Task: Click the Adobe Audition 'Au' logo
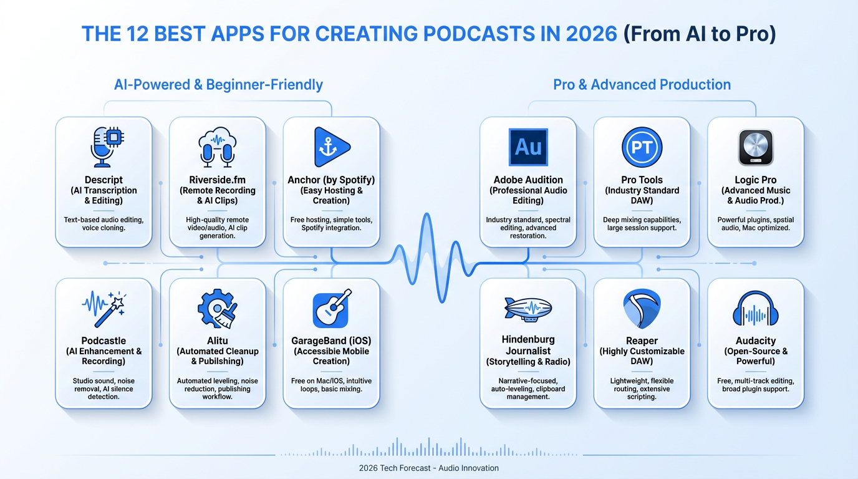528,147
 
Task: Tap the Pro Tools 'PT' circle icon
642,147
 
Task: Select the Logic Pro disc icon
756,147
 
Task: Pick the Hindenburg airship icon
528,309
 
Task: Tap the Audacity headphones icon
756,309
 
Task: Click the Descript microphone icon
107,147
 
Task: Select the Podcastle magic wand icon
104,309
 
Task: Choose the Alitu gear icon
217,309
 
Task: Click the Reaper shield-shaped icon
642,309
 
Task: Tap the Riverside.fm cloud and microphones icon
217,147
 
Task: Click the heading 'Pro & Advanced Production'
642,85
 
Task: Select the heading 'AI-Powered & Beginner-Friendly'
218,85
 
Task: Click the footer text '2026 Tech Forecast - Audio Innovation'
428,468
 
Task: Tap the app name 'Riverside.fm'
217,180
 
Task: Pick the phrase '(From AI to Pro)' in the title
700,34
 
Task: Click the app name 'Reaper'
642,341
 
